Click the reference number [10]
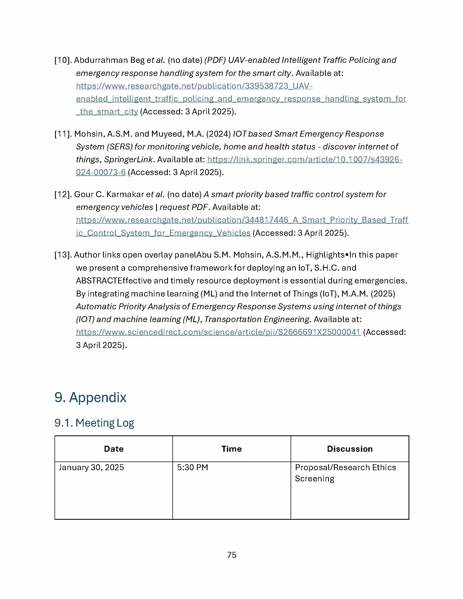coord(63,60)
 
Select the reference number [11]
coord(63,134)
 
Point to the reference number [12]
coord(63,194)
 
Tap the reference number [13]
coord(63,255)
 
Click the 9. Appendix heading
coord(90,398)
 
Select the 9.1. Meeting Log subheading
coord(94,423)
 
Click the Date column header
coord(114,449)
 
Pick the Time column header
coord(231,449)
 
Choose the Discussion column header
coord(350,449)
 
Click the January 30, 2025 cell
coord(91,467)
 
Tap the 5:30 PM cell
coord(193,467)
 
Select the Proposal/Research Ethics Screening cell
coord(345,473)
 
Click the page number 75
coord(232,555)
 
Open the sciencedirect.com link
coord(218,332)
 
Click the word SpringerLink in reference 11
coord(128,160)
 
